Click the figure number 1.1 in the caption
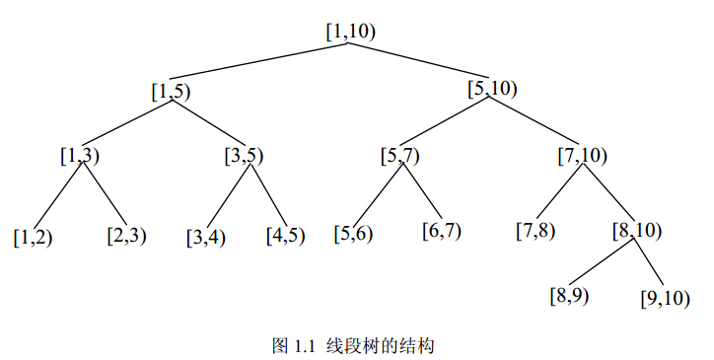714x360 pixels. [x=302, y=345]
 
